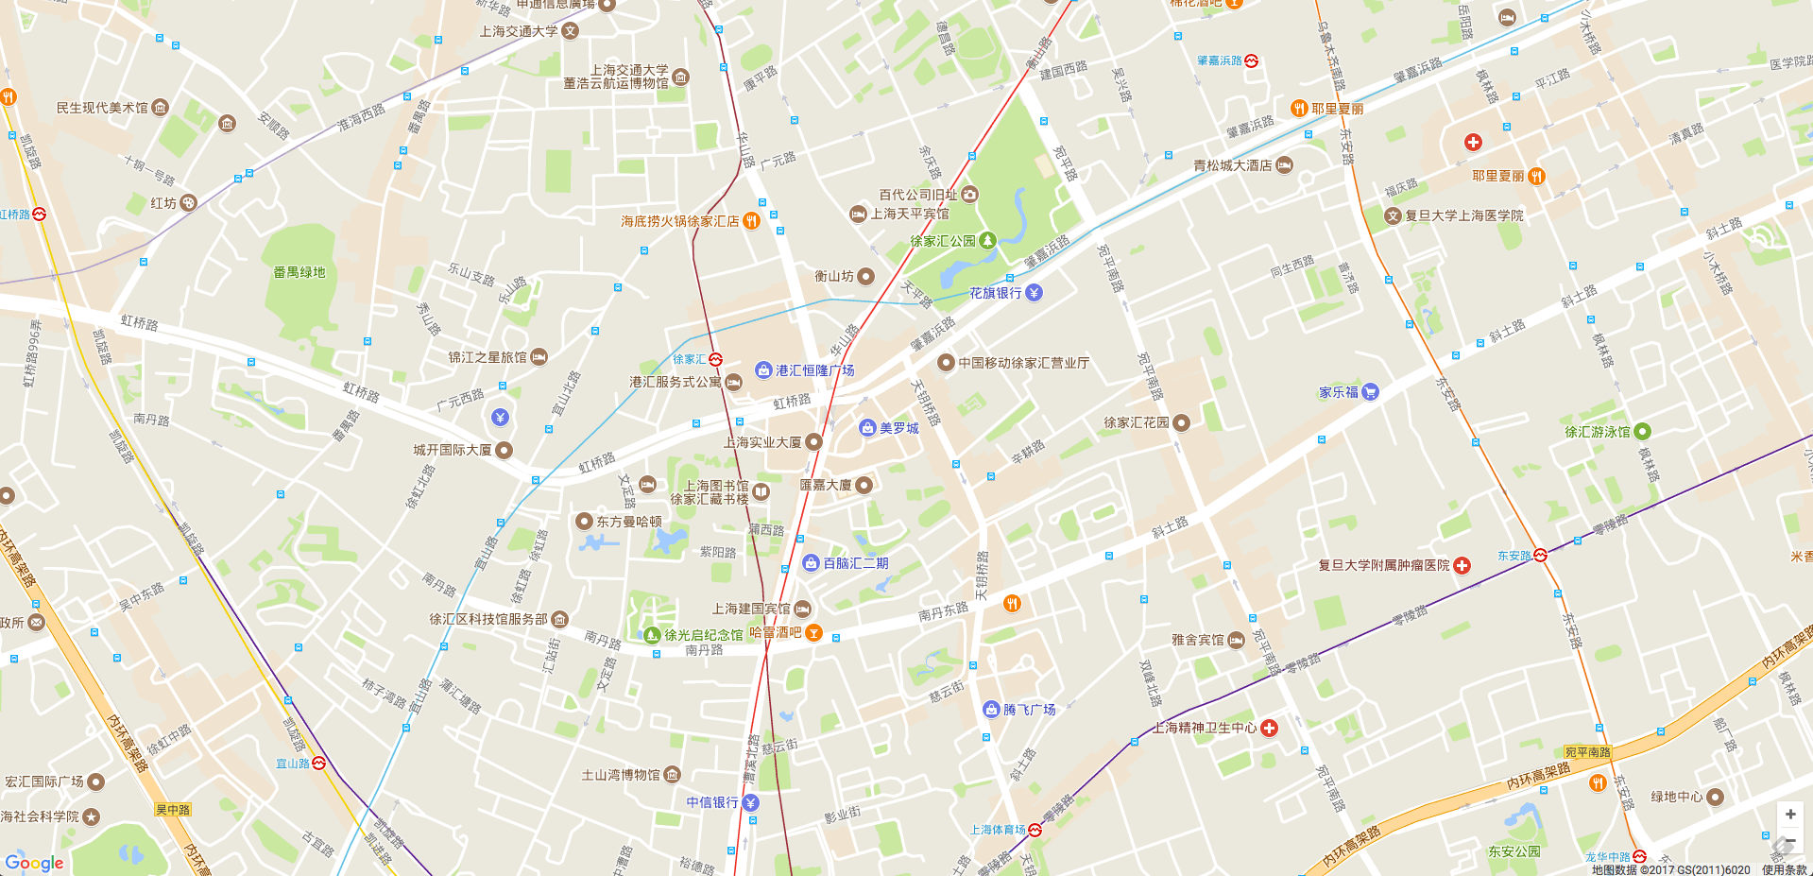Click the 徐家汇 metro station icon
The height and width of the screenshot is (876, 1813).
click(716, 359)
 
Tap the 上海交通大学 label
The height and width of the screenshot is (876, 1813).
click(519, 31)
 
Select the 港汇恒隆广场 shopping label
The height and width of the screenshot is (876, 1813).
click(814, 370)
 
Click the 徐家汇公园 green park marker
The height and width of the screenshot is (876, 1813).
click(987, 240)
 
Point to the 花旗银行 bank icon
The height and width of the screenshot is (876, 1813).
click(1035, 293)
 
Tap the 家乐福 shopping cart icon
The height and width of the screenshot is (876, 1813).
click(1370, 392)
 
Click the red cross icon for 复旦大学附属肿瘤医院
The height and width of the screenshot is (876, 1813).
click(1462, 565)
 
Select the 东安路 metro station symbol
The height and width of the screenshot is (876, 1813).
click(1540, 556)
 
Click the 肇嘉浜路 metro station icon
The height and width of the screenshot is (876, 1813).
click(1252, 60)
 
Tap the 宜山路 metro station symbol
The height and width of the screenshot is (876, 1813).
click(319, 764)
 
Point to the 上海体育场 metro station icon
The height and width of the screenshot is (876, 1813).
click(1035, 830)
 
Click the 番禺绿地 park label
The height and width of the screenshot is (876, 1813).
click(299, 272)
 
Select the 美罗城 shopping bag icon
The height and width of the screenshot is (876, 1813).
click(867, 428)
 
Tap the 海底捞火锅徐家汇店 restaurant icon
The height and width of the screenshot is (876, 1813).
click(751, 221)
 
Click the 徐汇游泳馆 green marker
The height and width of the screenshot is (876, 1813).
click(1642, 431)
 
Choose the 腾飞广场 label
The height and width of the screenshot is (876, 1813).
click(1029, 710)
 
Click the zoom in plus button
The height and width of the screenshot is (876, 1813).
click(1789, 814)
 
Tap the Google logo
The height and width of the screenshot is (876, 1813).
click(34, 863)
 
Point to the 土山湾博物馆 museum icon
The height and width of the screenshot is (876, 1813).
click(672, 775)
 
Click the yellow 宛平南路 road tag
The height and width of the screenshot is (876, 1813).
click(1587, 752)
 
